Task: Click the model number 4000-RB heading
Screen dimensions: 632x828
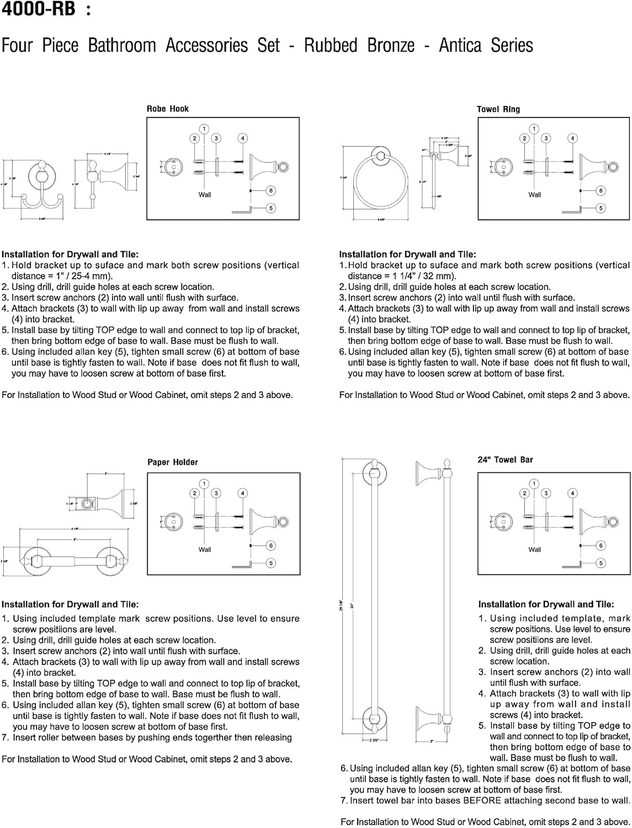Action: [x=38, y=9]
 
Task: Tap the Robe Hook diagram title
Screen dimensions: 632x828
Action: [x=167, y=109]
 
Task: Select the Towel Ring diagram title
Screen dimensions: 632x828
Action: [x=498, y=109]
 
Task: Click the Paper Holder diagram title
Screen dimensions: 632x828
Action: [x=172, y=462]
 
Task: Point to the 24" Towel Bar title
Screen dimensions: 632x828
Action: [x=505, y=459]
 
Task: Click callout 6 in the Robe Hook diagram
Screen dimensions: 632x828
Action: [x=270, y=190]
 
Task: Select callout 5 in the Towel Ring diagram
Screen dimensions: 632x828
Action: [x=601, y=208]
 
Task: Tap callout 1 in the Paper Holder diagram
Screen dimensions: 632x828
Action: [x=204, y=484]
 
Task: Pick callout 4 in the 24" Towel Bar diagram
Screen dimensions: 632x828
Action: [x=573, y=493]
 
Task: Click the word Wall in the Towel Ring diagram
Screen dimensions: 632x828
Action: [x=534, y=194]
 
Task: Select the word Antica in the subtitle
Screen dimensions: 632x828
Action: [x=461, y=45]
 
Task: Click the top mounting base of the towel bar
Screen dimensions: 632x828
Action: [x=374, y=471]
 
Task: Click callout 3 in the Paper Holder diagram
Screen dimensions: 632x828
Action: [x=216, y=493]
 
